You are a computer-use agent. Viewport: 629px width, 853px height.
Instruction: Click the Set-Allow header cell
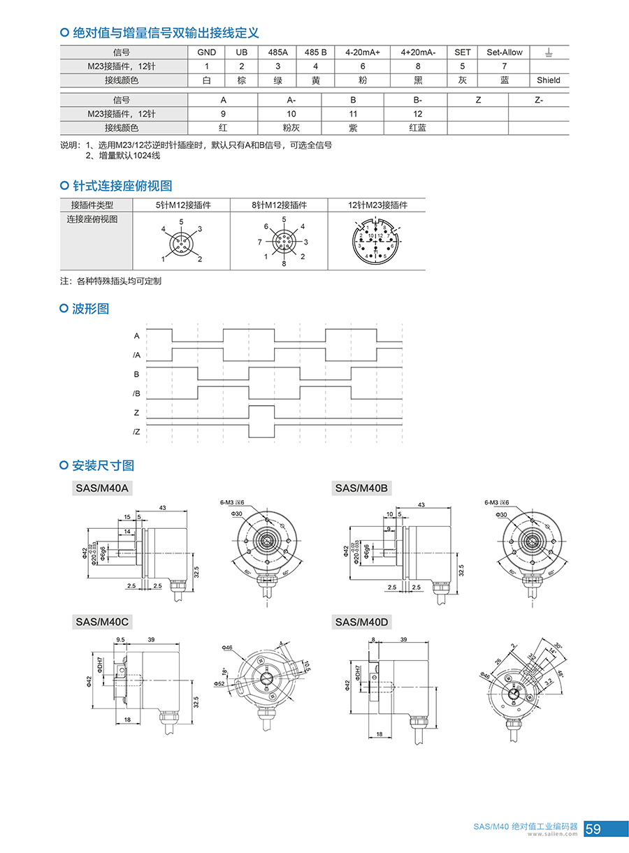505,52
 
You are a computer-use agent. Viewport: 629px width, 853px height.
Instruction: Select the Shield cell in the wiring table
549,80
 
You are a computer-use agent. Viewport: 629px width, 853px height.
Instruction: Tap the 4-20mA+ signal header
362,52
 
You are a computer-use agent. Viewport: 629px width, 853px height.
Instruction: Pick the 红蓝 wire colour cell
418,128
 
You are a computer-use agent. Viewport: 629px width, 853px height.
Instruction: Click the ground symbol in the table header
549,52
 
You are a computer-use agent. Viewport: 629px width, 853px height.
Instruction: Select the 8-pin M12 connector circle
284,242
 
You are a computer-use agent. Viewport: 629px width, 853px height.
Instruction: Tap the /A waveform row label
136,356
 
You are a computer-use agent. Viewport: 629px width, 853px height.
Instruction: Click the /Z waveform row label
136,432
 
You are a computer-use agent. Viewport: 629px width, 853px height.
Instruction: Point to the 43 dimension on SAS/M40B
421,505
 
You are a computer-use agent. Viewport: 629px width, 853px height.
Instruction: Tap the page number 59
593,829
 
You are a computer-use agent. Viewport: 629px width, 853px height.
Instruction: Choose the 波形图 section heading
91,308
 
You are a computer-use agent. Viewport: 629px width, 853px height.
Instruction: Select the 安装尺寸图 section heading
103,465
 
